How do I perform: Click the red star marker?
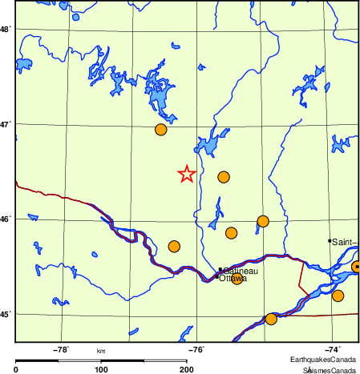point(186,174)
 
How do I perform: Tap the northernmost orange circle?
point(160,130)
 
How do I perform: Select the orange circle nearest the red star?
point(224,177)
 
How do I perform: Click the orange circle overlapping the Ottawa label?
point(237,278)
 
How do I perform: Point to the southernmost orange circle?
point(271,319)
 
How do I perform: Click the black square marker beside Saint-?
point(330,240)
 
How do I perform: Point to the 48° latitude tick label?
point(5,30)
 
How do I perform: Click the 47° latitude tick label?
point(5,125)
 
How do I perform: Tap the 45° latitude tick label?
point(5,314)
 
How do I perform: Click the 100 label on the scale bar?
point(101,369)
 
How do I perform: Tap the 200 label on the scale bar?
point(186,369)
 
